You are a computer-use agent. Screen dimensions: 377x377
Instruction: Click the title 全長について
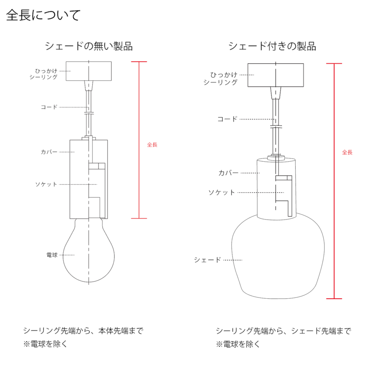point(43,15)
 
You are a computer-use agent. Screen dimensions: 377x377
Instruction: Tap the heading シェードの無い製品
point(89,46)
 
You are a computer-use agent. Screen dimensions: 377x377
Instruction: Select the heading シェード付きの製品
point(272,46)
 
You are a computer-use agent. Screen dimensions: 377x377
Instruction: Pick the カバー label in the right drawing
point(228,173)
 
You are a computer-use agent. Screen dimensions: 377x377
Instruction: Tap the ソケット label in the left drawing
point(46,184)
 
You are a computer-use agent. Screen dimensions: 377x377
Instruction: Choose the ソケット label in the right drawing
point(222,193)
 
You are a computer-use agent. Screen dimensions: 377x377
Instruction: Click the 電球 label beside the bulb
point(52,255)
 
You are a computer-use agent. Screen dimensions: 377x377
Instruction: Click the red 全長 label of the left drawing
point(152,145)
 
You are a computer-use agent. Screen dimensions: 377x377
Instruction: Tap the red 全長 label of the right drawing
point(347,152)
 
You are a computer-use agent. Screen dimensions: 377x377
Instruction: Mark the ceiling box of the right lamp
point(276,75)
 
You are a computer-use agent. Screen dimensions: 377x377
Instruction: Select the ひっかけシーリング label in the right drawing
point(221,78)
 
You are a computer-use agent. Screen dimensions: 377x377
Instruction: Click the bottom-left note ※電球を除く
point(45,344)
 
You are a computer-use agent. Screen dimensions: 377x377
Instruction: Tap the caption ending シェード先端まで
point(283,331)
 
